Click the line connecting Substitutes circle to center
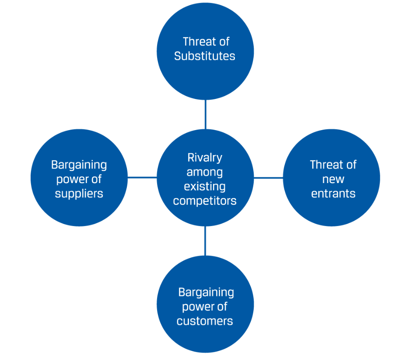click(205, 114)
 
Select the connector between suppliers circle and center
click(142, 177)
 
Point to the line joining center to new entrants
click(268, 177)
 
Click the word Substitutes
click(205, 56)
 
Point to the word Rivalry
click(205, 158)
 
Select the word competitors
click(205, 201)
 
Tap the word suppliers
click(79, 194)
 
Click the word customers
click(205, 321)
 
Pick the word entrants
click(333, 194)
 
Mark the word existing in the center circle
click(205, 187)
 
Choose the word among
click(205, 172)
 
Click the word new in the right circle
click(333, 179)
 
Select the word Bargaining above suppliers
click(79, 165)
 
